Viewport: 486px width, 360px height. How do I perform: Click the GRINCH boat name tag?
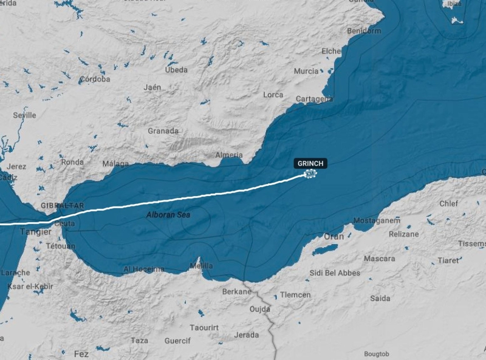(x=311, y=163)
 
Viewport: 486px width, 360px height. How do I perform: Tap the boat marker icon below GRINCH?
(x=310, y=175)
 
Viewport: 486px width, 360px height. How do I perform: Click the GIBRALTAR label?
(x=62, y=206)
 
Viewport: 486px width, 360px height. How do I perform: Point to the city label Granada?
(x=163, y=131)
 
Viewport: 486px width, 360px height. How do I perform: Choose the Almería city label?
(x=229, y=155)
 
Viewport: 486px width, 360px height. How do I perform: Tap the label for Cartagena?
(x=314, y=98)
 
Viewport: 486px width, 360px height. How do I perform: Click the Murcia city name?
(x=306, y=71)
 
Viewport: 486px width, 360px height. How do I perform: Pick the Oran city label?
(x=334, y=236)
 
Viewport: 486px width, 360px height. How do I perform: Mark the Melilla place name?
(x=201, y=266)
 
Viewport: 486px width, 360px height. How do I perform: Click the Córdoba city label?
(x=95, y=79)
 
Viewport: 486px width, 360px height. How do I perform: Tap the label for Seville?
(x=24, y=115)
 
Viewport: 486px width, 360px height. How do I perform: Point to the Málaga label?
(x=115, y=163)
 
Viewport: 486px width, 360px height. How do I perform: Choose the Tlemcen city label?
(x=295, y=295)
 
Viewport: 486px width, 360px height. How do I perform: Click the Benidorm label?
(x=364, y=30)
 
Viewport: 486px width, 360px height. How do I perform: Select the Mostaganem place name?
(x=377, y=220)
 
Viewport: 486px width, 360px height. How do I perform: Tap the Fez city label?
(x=81, y=353)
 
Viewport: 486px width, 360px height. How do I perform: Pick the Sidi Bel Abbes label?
(x=335, y=273)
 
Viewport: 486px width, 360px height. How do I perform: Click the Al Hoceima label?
(x=144, y=269)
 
